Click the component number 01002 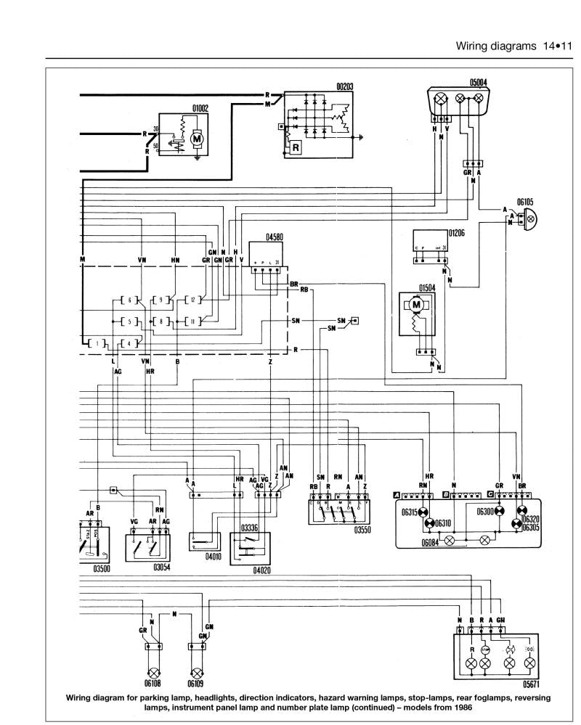[x=200, y=109]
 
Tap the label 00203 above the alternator [x=344, y=86]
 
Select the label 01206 [x=456, y=234]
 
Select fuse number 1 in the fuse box [x=96, y=343]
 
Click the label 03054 [x=161, y=568]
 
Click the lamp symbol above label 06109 [x=196, y=671]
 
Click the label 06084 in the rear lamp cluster [x=432, y=541]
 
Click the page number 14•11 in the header [x=557, y=46]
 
